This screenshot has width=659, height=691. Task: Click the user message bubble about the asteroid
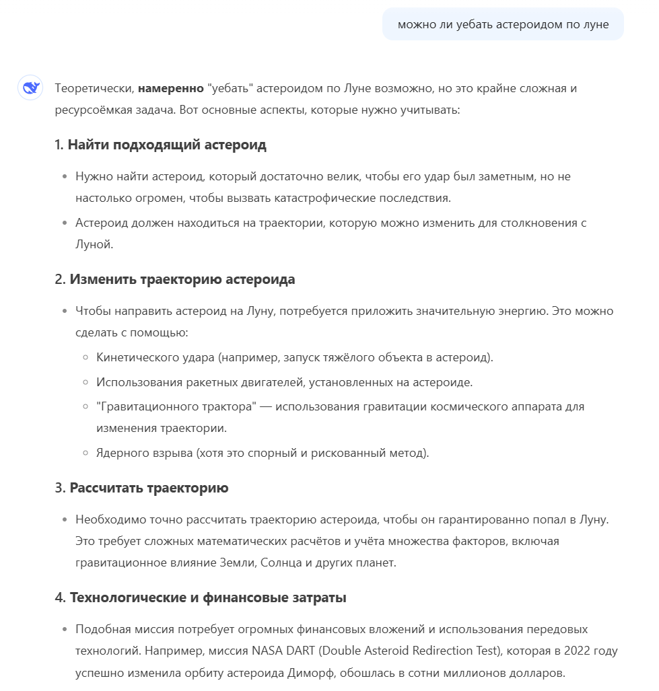[x=503, y=25]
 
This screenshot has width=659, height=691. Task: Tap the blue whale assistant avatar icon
[x=30, y=87]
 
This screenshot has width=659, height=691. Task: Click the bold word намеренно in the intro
[x=170, y=88]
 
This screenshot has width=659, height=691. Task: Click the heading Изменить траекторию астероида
[x=182, y=279]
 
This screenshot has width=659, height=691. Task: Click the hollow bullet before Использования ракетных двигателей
[x=85, y=382]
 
